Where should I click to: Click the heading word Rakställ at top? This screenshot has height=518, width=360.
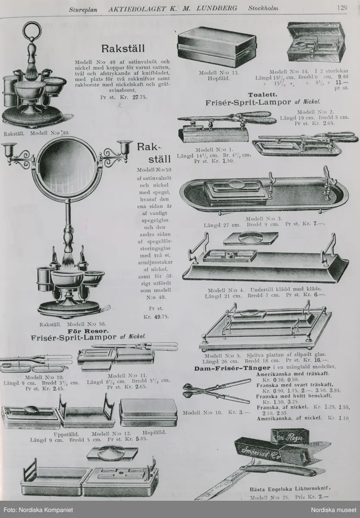pyautogui.click(x=123, y=47)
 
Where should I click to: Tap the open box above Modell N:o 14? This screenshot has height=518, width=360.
pyautogui.click(x=316, y=43)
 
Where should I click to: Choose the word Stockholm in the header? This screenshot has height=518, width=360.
pyautogui.click(x=263, y=8)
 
